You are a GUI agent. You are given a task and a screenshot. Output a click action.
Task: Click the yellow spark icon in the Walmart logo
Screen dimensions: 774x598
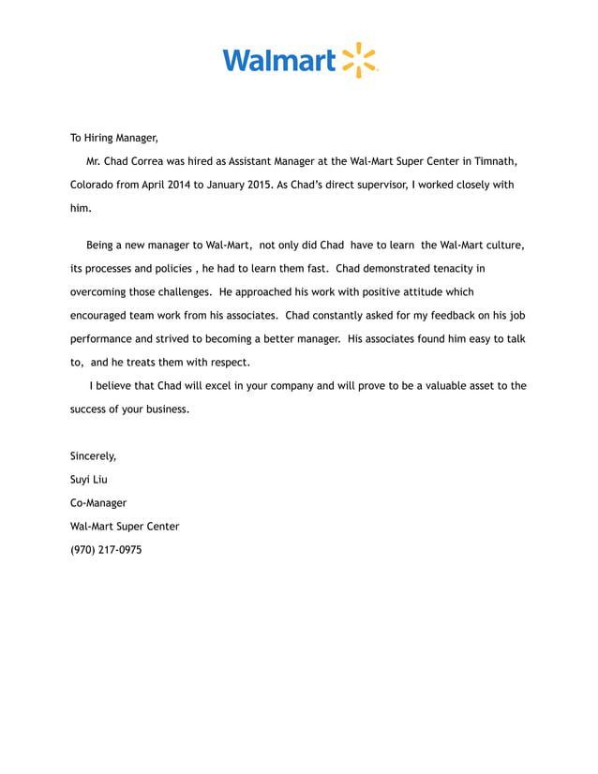click(359, 60)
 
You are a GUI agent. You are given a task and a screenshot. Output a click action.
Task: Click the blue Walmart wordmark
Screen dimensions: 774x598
click(278, 62)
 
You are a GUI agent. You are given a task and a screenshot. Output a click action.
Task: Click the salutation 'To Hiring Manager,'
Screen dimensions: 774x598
click(114, 138)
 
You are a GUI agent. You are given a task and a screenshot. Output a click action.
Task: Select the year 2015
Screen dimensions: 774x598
click(255, 186)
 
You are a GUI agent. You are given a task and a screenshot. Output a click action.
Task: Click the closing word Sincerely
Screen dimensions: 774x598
click(93, 456)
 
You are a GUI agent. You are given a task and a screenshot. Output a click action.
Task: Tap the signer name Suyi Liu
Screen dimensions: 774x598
click(89, 480)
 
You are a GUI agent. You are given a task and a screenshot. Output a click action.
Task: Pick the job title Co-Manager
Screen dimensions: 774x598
click(98, 503)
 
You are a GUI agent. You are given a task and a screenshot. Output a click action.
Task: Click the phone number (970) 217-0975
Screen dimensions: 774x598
click(106, 550)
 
